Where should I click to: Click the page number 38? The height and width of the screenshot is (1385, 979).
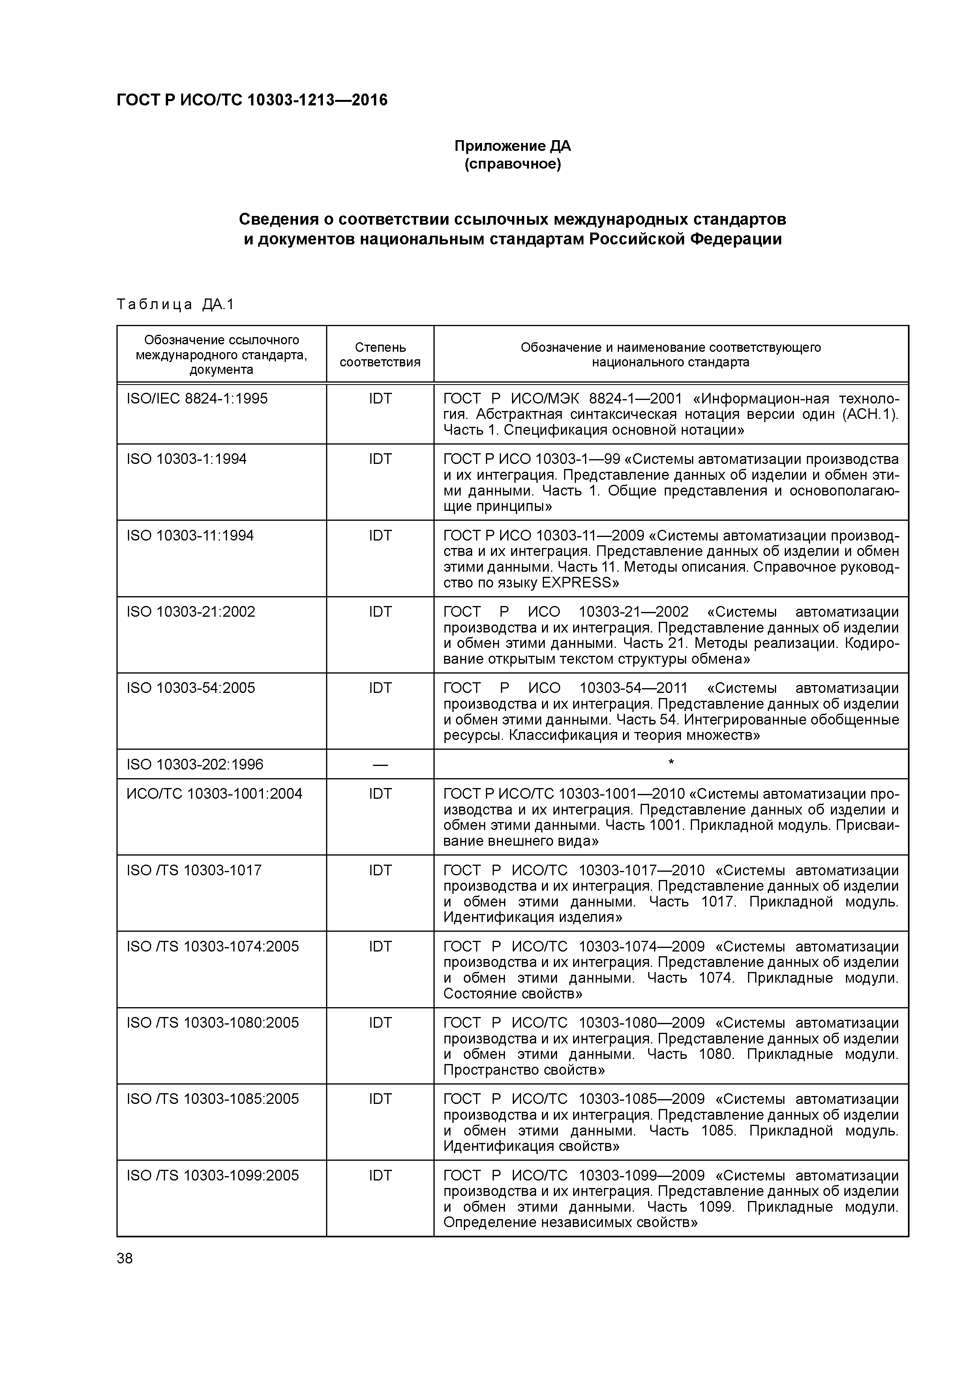(125, 1258)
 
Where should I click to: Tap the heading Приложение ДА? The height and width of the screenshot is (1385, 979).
(512, 146)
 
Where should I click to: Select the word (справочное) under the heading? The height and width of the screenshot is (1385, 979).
(512, 164)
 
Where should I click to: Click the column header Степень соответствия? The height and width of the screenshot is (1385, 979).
(380, 355)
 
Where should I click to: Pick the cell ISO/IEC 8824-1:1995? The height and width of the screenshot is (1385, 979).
(197, 399)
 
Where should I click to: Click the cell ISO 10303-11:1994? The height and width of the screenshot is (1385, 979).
(190, 536)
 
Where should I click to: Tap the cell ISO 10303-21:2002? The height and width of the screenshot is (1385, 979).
(191, 612)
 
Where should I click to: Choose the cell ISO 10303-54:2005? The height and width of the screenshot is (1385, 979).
(191, 688)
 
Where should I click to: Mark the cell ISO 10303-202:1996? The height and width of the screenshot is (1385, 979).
(195, 765)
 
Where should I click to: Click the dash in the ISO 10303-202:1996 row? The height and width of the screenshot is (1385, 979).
(380, 765)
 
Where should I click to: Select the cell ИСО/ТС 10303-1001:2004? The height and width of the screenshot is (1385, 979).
(214, 794)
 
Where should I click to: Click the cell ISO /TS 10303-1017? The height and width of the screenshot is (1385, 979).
(194, 871)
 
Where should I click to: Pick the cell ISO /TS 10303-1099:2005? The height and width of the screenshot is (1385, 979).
(212, 1176)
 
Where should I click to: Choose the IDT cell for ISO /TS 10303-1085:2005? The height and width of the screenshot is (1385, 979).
(380, 1099)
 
